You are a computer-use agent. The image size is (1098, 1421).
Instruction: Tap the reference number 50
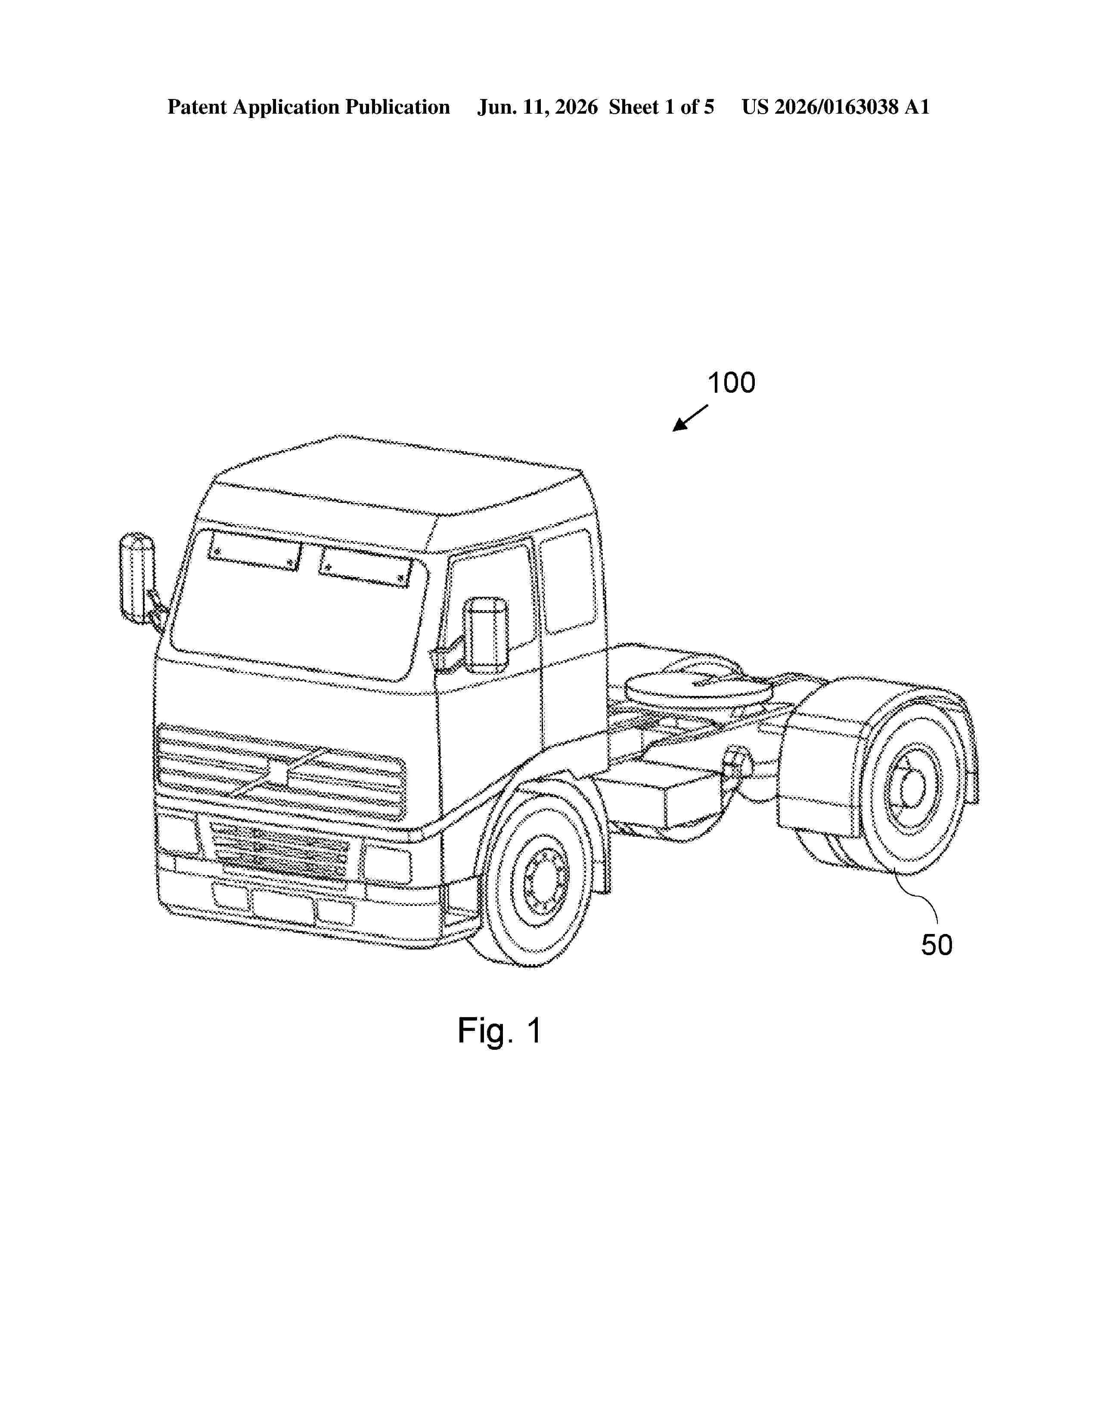937,945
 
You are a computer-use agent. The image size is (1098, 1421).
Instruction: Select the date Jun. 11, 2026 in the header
537,107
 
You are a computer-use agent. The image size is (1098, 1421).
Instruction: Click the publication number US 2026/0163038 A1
836,107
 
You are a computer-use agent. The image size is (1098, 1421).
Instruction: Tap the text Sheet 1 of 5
661,107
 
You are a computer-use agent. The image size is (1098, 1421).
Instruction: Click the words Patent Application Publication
308,107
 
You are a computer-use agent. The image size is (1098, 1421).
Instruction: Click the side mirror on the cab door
489,634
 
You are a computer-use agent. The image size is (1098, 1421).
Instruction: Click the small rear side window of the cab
568,581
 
